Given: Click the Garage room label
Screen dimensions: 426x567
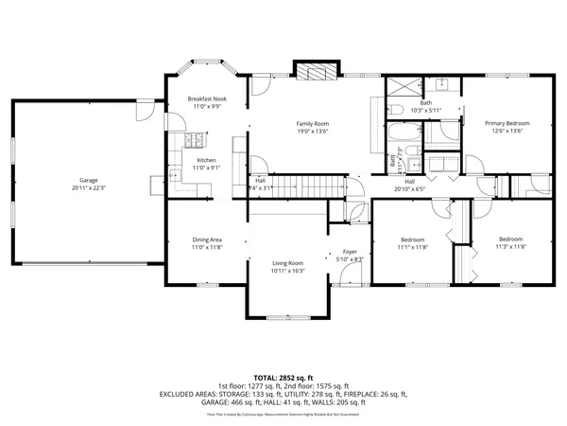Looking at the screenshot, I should click(89, 180).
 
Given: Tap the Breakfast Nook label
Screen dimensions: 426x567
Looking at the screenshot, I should click(207, 99).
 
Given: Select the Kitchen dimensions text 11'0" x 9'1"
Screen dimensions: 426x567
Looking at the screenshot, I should click(207, 168).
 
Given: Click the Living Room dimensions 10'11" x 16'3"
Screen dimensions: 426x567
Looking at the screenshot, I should click(286, 271).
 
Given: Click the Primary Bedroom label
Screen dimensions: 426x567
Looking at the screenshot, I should click(507, 123).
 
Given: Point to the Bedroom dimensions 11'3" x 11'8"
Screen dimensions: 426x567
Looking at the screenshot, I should click(510, 247).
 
